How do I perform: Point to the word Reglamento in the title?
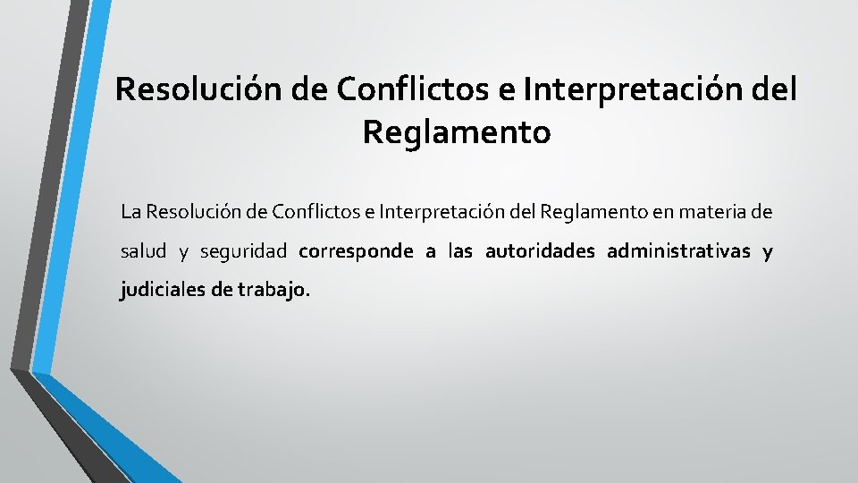point(457,132)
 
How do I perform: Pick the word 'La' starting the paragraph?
point(130,213)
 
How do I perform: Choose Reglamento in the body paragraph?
point(585,213)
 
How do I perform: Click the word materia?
point(704,213)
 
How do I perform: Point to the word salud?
point(143,251)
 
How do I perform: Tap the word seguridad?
point(243,251)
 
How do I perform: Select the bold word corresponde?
point(356,251)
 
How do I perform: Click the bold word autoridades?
point(540,251)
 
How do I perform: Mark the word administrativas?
point(678,251)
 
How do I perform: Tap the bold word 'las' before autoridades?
point(460,251)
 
